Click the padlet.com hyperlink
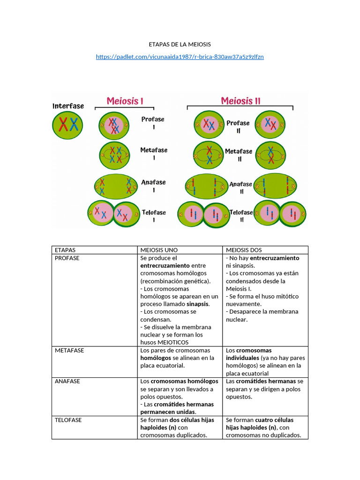point(180,57)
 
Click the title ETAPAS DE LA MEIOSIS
point(180,45)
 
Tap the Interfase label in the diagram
point(68,106)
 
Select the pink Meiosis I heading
point(125,101)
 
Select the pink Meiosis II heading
point(240,101)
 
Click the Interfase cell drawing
point(67,125)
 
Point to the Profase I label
point(153,123)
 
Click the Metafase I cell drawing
point(114,155)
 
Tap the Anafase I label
point(153,186)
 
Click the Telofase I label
point(154,216)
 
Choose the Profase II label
point(238,127)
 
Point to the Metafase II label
point(239,155)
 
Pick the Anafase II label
point(240,187)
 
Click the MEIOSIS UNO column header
point(159,250)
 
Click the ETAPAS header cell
point(65,250)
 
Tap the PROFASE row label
point(67,258)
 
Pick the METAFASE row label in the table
point(69,350)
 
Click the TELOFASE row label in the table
point(68,420)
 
